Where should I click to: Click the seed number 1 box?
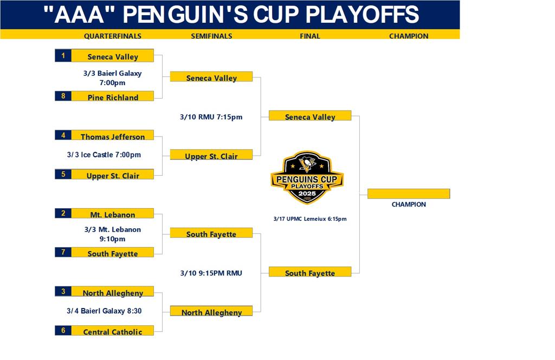[x=63, y=56]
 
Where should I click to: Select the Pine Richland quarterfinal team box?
[x=113, y=96]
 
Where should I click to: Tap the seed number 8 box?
[x=63, y=96]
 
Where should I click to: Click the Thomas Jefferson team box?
[x=113, y=135]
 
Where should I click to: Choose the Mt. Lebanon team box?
[x=113, y=213]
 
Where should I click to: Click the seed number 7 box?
[x=63, y=252]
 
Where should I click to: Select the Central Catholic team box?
[x=113, y=330]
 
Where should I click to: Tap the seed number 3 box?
[x=63, y=291]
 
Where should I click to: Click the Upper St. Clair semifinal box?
[x=211, y=155]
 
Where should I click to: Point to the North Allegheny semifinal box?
[x=211, y=311]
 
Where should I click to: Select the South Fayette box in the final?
[x=310, y=272]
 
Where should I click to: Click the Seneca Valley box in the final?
[x=310, y=115]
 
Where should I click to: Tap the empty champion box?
[x=409, y=194]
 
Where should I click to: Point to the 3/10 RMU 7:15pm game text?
[x=211, y=117]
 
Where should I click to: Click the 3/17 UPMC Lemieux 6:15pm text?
[x=310, y=218]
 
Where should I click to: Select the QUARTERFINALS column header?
[x=113, y=36]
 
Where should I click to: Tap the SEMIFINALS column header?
[x=212, y=36]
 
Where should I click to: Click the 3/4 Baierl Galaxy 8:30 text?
[x=104, y=311]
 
